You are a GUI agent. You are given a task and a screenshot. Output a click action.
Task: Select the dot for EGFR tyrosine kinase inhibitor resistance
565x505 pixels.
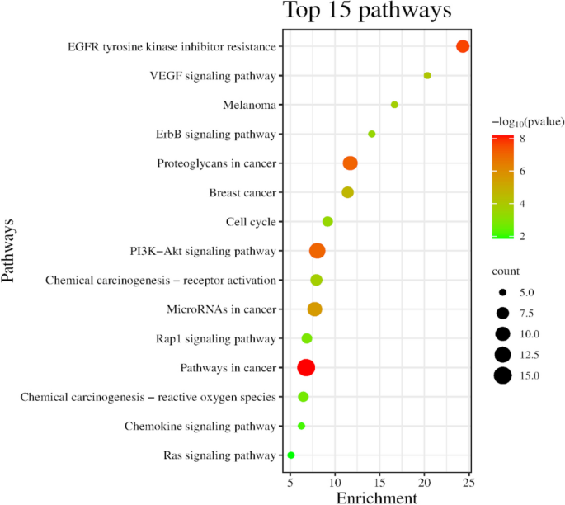[x=463, y=46]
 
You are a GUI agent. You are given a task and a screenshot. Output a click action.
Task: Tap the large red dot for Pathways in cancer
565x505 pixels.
[x=306, y=367]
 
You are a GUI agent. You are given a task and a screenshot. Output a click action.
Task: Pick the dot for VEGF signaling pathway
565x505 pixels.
[x=427, y=76]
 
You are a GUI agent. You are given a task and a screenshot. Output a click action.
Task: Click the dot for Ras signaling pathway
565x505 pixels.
[x=290, y=455]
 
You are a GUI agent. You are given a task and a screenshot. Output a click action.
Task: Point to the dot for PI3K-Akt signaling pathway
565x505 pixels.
[x=317, y=251]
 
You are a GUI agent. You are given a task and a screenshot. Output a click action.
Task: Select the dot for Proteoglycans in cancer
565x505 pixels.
[x=350, y=163]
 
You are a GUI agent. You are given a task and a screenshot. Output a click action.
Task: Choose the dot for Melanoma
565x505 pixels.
[x=394, y=105]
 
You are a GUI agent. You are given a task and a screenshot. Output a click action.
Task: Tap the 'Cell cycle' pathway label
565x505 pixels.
[x=250, y=222]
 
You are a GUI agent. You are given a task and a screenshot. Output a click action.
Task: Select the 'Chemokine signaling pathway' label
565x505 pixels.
[x=200, y=427]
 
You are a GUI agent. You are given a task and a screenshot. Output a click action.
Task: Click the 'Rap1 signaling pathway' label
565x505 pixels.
[x=215, y=339]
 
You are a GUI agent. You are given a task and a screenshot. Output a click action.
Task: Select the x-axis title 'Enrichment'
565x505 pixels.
[x=376, y=498]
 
